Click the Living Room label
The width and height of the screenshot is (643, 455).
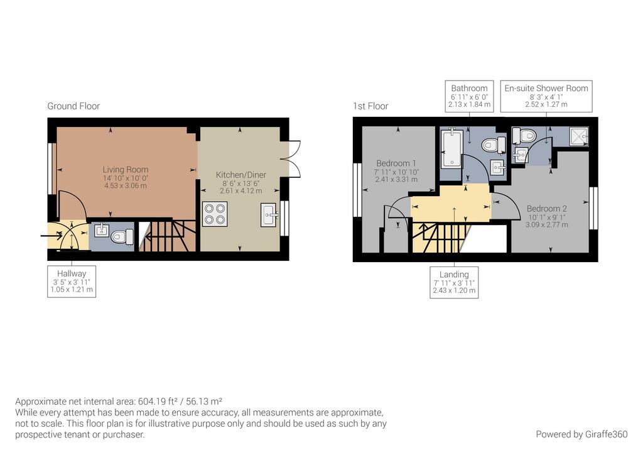[x=126, y=170]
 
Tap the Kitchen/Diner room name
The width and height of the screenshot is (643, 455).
[x=241, y=175]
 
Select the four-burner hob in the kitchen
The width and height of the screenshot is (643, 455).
[x=215, y=214]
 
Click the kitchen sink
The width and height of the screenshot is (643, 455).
[x=269, y=215]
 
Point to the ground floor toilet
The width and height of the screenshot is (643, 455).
[x=122, y=236]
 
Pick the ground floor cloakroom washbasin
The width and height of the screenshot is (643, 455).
[x=102, y=230]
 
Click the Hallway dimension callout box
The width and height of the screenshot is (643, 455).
[x=72, y=282]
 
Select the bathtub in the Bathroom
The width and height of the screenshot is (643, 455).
[x=451, y=148]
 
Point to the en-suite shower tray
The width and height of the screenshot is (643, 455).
[x=579, y=136]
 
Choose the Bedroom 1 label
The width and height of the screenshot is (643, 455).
[x=396, y=163]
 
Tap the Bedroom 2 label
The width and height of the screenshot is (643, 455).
[x=547, y=209]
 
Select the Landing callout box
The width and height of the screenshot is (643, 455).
[x=454, y=282]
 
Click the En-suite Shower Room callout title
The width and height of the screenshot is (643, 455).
[x=546, y=88]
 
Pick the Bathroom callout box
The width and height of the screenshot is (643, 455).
[x=470, y=96]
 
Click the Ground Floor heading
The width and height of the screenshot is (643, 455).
[x=73, y=106]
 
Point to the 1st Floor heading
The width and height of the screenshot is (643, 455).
[x=370, y=106]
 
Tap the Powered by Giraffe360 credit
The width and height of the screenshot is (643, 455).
[x=581, y=434]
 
